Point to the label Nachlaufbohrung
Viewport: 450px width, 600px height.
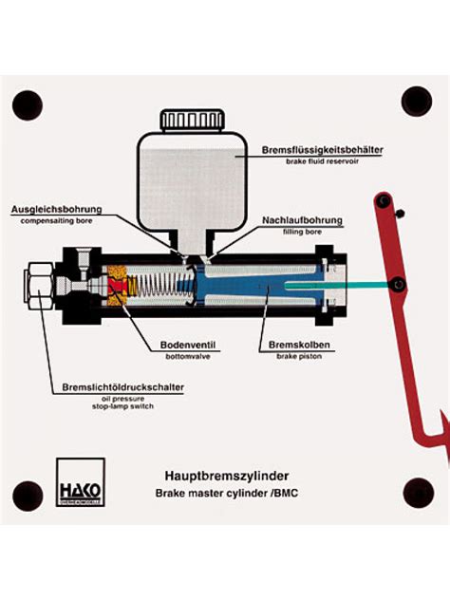(x=302, y=220)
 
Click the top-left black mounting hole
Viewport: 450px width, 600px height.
(x=28, y=104)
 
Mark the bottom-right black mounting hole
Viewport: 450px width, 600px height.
(x=418, y=492)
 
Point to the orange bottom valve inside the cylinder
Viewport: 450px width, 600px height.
(x=118, y=285)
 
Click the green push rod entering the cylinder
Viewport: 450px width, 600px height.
(x=332, y=283)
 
